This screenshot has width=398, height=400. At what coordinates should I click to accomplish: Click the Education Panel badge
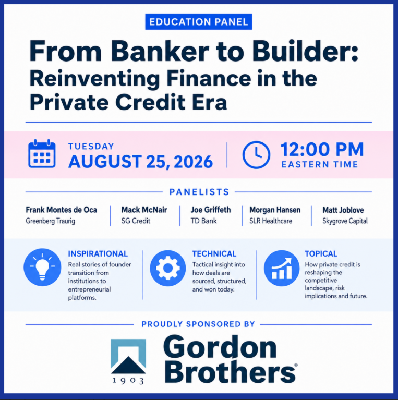tap(199, 22)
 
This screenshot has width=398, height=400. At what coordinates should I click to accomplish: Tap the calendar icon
tap(42, 153)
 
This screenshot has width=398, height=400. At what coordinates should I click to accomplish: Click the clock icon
tap(256, 154)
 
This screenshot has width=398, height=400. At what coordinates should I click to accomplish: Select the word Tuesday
tap(91, 146)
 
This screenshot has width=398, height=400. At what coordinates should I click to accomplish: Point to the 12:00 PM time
tap(322, 149)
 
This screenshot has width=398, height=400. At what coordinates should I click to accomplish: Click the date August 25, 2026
tap(140, 162)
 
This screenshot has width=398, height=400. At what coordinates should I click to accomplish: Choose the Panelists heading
tap(199, 192)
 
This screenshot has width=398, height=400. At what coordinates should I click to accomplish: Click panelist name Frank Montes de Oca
tap(61, 210)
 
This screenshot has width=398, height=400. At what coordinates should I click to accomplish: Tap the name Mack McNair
tap(144, 210)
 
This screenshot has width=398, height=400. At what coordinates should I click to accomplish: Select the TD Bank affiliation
tap(203, 221)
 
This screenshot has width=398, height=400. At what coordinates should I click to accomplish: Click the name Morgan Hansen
tap(275, 210)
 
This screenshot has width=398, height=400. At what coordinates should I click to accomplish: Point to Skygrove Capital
tap(345, 221)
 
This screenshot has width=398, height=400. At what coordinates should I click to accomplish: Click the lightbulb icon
tap(42, 267)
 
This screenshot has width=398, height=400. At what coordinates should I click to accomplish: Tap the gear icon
tap(168, 268)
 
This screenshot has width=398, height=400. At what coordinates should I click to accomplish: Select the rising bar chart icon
tap(281, 268)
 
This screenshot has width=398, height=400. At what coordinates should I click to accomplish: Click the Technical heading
tap(214, 254)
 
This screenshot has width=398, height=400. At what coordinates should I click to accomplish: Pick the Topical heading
tap(321, 254)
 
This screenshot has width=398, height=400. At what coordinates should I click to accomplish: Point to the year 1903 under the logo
tap(128, 381)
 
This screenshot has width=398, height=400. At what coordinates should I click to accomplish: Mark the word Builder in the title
tap(305, 51)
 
